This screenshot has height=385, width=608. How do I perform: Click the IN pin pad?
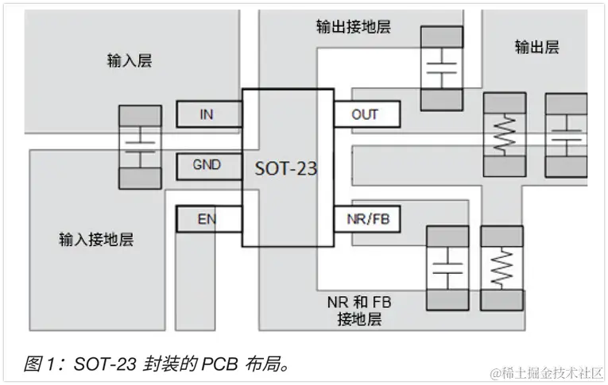(x=207, y=114)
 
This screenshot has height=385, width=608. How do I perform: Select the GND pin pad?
(x=207, y=166)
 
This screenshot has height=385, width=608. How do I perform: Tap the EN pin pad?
(x=207, y=218)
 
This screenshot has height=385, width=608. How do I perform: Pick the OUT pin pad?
(x=365, y=114)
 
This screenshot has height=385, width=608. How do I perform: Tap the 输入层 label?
(x=129, y=60)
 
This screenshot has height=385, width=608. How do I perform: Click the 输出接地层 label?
(x=353, y=26)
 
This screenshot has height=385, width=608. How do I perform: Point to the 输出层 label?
(x=536, y=47)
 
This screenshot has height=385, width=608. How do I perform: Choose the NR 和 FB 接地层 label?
(x=359, y=311)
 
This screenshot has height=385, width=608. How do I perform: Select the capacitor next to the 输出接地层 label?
(x=442, y=67)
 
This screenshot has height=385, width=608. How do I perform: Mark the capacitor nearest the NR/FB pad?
(x=447, y=269)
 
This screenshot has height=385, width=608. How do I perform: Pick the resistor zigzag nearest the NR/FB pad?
(x=502, y=269)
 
